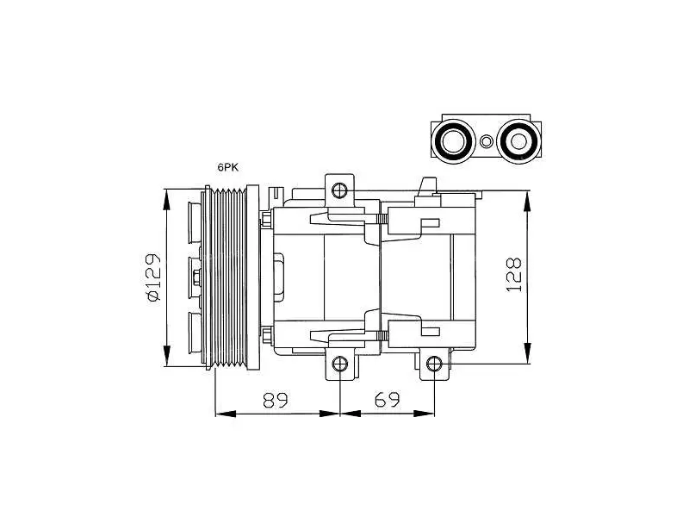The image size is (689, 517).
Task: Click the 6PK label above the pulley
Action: click(x=227, y=167)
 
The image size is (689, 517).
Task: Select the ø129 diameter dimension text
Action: click(x=154, y=277)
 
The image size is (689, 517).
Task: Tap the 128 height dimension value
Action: click(x=514, y=274)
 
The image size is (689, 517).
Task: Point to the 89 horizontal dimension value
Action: click(x=275, y=400)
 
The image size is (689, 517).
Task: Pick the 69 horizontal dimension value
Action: click(x=388, y=400)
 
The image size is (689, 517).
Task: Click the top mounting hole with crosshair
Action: click(x=339, y=190)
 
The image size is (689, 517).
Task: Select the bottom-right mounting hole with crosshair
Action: click(x=434, y=364)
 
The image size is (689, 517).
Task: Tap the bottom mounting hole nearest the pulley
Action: click(x=340, y=364)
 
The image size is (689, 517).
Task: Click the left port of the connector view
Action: click(x=453, y=141)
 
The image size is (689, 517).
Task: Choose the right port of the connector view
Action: click(x=518, y=141)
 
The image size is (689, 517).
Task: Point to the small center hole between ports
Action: click(x=486, y=141)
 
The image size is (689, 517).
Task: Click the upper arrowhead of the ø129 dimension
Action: click(x=166, y=200)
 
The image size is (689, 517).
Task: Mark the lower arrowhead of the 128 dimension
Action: click(x=527, y=353)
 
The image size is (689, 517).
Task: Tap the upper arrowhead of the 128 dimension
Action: click(x=527, y=202)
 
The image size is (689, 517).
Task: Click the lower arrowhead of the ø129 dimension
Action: click(x=166, y=356)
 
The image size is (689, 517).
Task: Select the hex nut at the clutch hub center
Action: click(x=196, y=277)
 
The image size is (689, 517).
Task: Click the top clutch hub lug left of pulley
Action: click(x=195, y=222)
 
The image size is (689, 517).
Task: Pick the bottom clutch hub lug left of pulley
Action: click(x=195, y=333)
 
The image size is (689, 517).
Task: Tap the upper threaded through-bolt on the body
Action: click(x=382, y=219)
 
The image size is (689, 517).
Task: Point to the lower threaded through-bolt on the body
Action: click(x=382, y=336)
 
